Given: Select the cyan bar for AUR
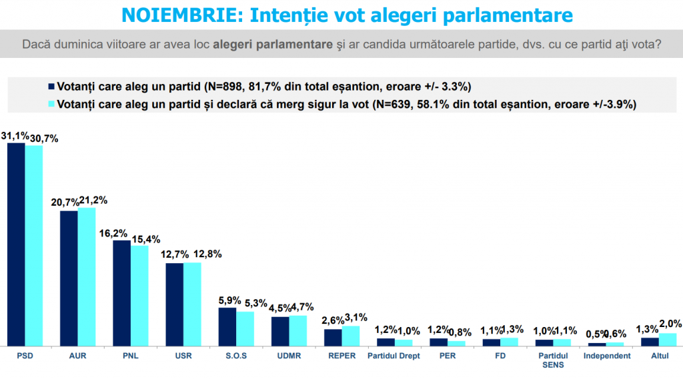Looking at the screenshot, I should point(87,276).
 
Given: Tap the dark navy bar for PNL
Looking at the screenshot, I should point(121,293).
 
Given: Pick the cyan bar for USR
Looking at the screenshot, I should point(192,304).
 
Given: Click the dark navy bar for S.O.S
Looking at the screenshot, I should point(227,326).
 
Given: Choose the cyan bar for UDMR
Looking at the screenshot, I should point(297,330).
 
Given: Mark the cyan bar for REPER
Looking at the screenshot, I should point(351,336).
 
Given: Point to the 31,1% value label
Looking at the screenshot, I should point(15,135).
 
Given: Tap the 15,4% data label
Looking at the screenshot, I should point(145,238).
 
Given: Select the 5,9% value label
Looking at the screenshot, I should point(227,300).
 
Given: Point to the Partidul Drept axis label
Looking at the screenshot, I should point(394,356).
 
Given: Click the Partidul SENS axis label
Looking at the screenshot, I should point(553,360).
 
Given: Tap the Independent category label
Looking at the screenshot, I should point(606,356).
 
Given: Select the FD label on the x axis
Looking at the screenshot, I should point(500,356).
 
